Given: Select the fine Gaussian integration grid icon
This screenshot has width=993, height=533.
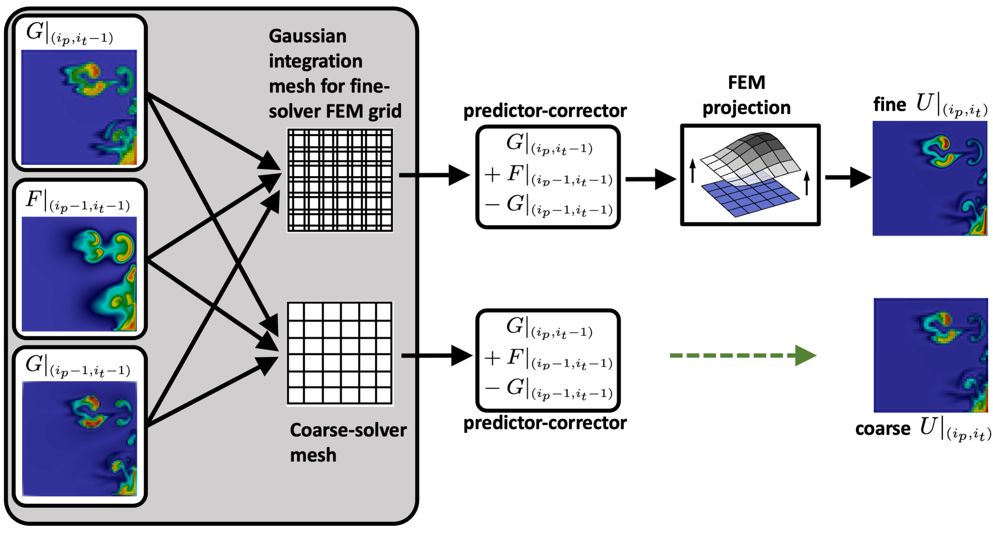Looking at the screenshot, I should [340, 180].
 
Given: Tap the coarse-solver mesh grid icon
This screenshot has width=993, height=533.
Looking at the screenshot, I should [340, 353].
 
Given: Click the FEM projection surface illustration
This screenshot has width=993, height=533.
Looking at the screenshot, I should [750, 175].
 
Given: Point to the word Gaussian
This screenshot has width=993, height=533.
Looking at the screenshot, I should [307, 36].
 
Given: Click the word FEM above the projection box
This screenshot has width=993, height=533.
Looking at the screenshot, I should [747, 83].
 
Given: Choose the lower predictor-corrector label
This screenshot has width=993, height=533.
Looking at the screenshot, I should [545, 423].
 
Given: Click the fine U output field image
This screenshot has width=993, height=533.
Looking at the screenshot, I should [930, 179].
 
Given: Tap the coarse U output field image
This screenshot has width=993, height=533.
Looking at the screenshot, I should [930, 355].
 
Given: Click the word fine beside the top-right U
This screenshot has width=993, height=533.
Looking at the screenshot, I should [890, 105].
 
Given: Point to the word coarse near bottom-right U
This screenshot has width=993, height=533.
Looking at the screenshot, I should [883, 429].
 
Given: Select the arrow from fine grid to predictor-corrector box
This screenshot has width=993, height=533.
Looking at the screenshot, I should [434, 175].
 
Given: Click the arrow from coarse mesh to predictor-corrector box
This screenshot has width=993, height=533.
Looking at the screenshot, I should [436, 356].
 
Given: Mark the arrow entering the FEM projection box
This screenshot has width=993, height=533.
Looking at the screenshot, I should [650, 179].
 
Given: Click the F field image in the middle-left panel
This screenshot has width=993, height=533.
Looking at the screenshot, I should [79, 274].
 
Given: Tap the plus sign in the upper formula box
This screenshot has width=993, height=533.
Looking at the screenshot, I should [492, 175].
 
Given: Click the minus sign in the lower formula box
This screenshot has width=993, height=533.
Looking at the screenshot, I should [492, 388].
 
